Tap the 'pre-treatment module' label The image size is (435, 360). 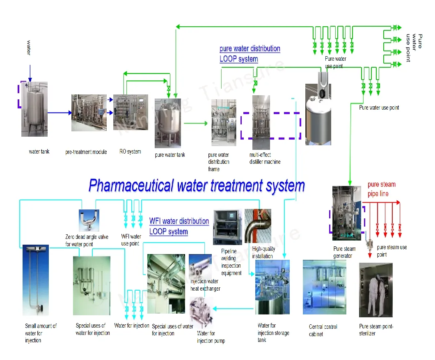86,152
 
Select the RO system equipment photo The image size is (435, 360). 130,112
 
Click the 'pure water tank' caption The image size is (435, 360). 170,155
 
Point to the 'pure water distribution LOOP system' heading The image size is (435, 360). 250,54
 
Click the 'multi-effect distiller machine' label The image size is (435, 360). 265,158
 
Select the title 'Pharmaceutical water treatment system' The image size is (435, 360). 197,186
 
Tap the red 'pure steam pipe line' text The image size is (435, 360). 381,189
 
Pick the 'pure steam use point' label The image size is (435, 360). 391,250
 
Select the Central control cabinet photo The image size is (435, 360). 324,287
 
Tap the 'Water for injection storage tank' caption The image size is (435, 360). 273,332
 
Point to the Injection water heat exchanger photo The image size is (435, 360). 199,267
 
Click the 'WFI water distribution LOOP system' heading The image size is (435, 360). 179,226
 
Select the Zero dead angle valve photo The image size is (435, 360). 89,220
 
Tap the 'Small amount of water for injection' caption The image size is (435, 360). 41,333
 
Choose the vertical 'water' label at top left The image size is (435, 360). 29,47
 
